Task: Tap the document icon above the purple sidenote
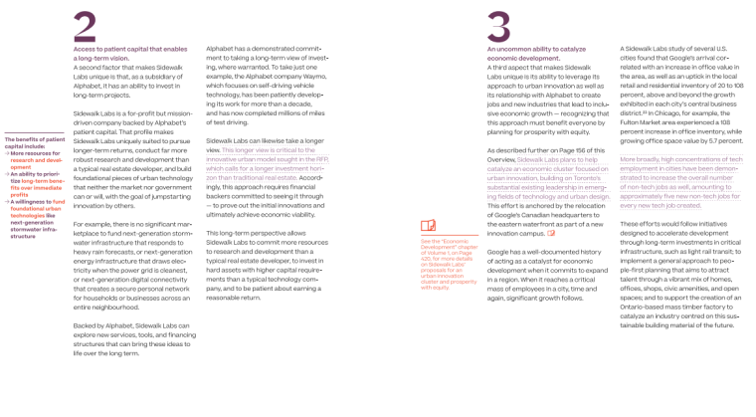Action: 428,226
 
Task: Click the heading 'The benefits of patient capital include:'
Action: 35,143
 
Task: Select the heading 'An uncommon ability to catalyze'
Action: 537,48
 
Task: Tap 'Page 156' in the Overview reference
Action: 577,149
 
